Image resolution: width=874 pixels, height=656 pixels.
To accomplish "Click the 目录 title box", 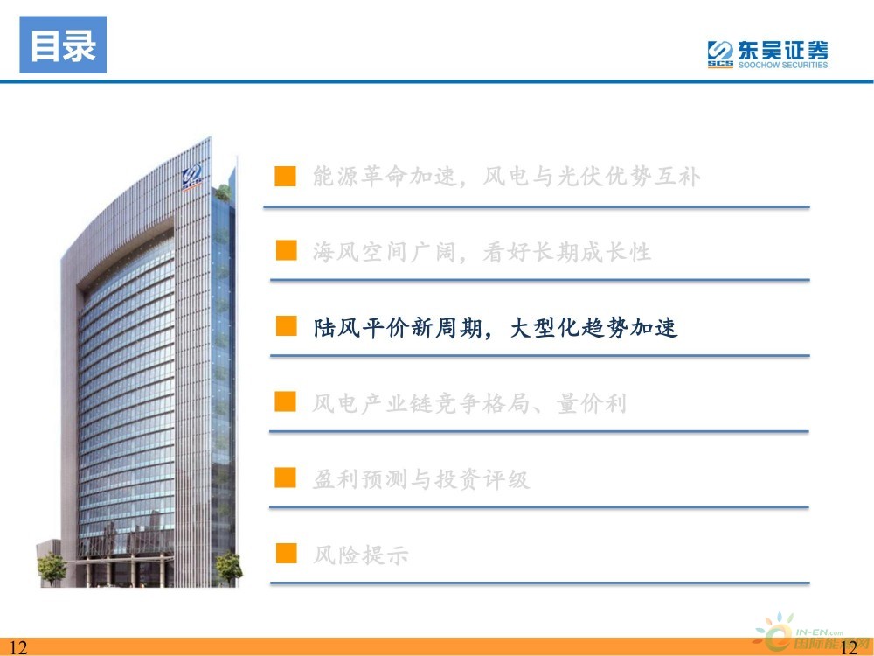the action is coord(63,45).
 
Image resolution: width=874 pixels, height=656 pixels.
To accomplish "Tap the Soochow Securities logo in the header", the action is coord(767,54).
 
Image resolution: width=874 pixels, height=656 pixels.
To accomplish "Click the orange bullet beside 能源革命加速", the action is coord(286,176).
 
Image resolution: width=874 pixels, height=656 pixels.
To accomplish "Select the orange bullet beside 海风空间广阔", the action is coord(286,250).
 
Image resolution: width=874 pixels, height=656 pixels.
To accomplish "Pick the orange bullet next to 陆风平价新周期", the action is coord(286,325).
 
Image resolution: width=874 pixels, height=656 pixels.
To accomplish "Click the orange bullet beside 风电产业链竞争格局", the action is coord(286,401).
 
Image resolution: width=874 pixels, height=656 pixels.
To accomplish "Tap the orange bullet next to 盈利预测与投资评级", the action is coord(286,478).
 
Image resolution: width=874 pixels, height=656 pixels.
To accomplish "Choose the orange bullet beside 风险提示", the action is coord(286,554).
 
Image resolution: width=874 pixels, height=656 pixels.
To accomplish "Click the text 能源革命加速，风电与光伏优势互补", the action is coord(506,177).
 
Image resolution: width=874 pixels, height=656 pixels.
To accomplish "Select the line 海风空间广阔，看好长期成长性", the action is coord(482,252).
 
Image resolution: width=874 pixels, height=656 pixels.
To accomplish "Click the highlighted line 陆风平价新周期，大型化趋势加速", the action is coord(495,327).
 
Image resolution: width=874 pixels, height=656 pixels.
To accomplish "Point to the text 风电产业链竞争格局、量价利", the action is coord(469,403).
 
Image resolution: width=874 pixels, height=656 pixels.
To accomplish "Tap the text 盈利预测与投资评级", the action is coord(421,479).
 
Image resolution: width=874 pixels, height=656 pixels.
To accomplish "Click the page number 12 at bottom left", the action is coord(17,647).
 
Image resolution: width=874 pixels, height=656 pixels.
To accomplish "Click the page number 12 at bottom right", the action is coord(849,647).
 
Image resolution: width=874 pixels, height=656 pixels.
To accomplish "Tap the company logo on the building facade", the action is coord(191,178).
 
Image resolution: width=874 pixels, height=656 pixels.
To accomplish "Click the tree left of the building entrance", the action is coord(52,568).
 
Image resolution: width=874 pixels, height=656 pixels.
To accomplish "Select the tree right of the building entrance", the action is coord(229,568).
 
